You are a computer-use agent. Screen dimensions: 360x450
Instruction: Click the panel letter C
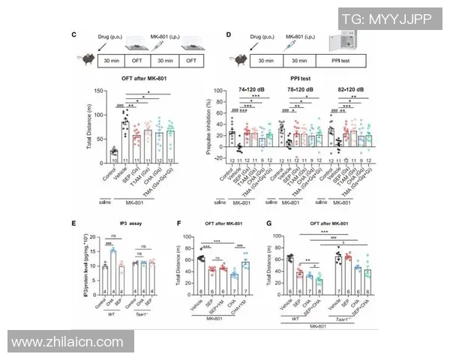pyautogui.click(x=73, y=35)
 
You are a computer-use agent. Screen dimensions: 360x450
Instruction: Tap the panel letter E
pyautogui.click(x=73, y=223)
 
